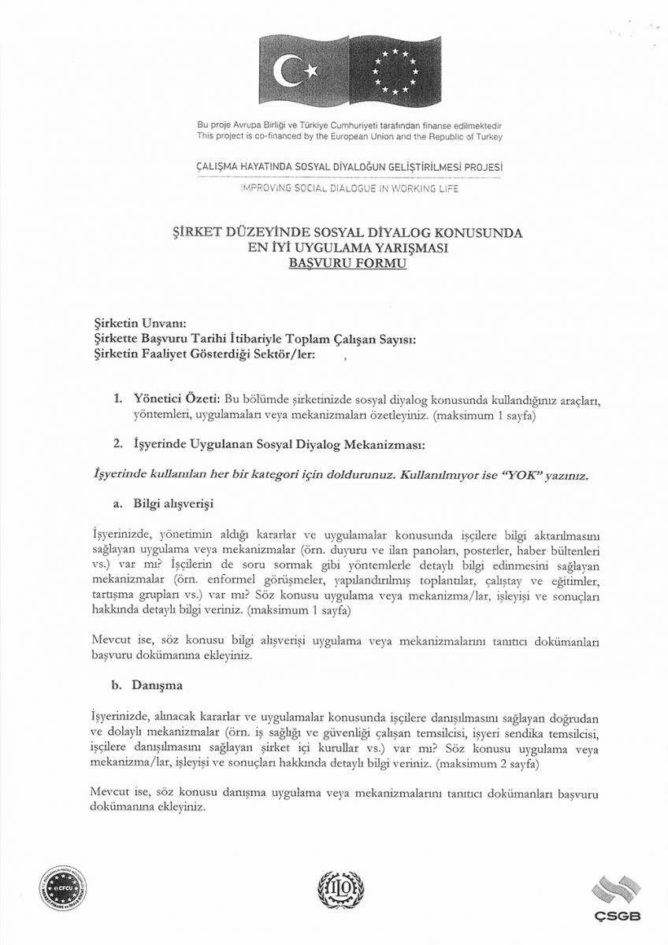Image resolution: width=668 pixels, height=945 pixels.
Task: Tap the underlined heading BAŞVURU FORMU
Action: pos(347,265)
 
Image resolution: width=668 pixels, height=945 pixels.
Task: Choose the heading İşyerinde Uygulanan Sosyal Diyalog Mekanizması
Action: pos(279,445)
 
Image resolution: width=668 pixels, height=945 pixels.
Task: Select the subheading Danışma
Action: pos(158,685)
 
